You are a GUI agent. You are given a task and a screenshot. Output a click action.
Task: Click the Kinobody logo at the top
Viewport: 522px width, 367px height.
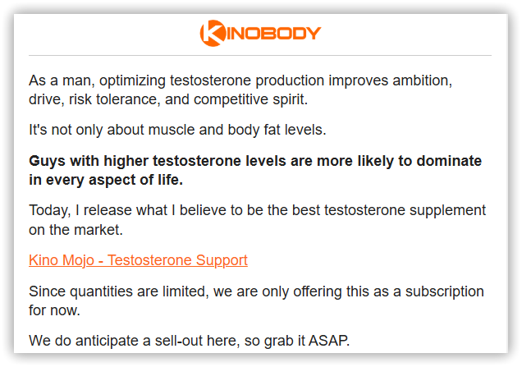(260, 33)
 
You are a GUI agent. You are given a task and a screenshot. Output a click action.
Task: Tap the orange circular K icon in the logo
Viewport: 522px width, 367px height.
(213, 33)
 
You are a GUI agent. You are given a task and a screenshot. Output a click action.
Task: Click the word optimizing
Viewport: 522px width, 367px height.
(132, 81)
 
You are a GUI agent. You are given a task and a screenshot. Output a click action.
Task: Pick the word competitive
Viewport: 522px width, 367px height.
(231, 99)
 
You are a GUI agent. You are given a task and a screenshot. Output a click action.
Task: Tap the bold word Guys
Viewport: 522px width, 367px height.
(48, 161)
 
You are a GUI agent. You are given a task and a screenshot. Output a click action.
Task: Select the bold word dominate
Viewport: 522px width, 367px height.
(449, 161)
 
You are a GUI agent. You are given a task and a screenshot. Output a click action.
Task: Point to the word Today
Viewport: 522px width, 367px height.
(49, 211)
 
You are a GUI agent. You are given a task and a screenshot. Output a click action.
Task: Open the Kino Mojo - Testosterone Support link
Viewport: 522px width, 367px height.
(138, 260)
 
